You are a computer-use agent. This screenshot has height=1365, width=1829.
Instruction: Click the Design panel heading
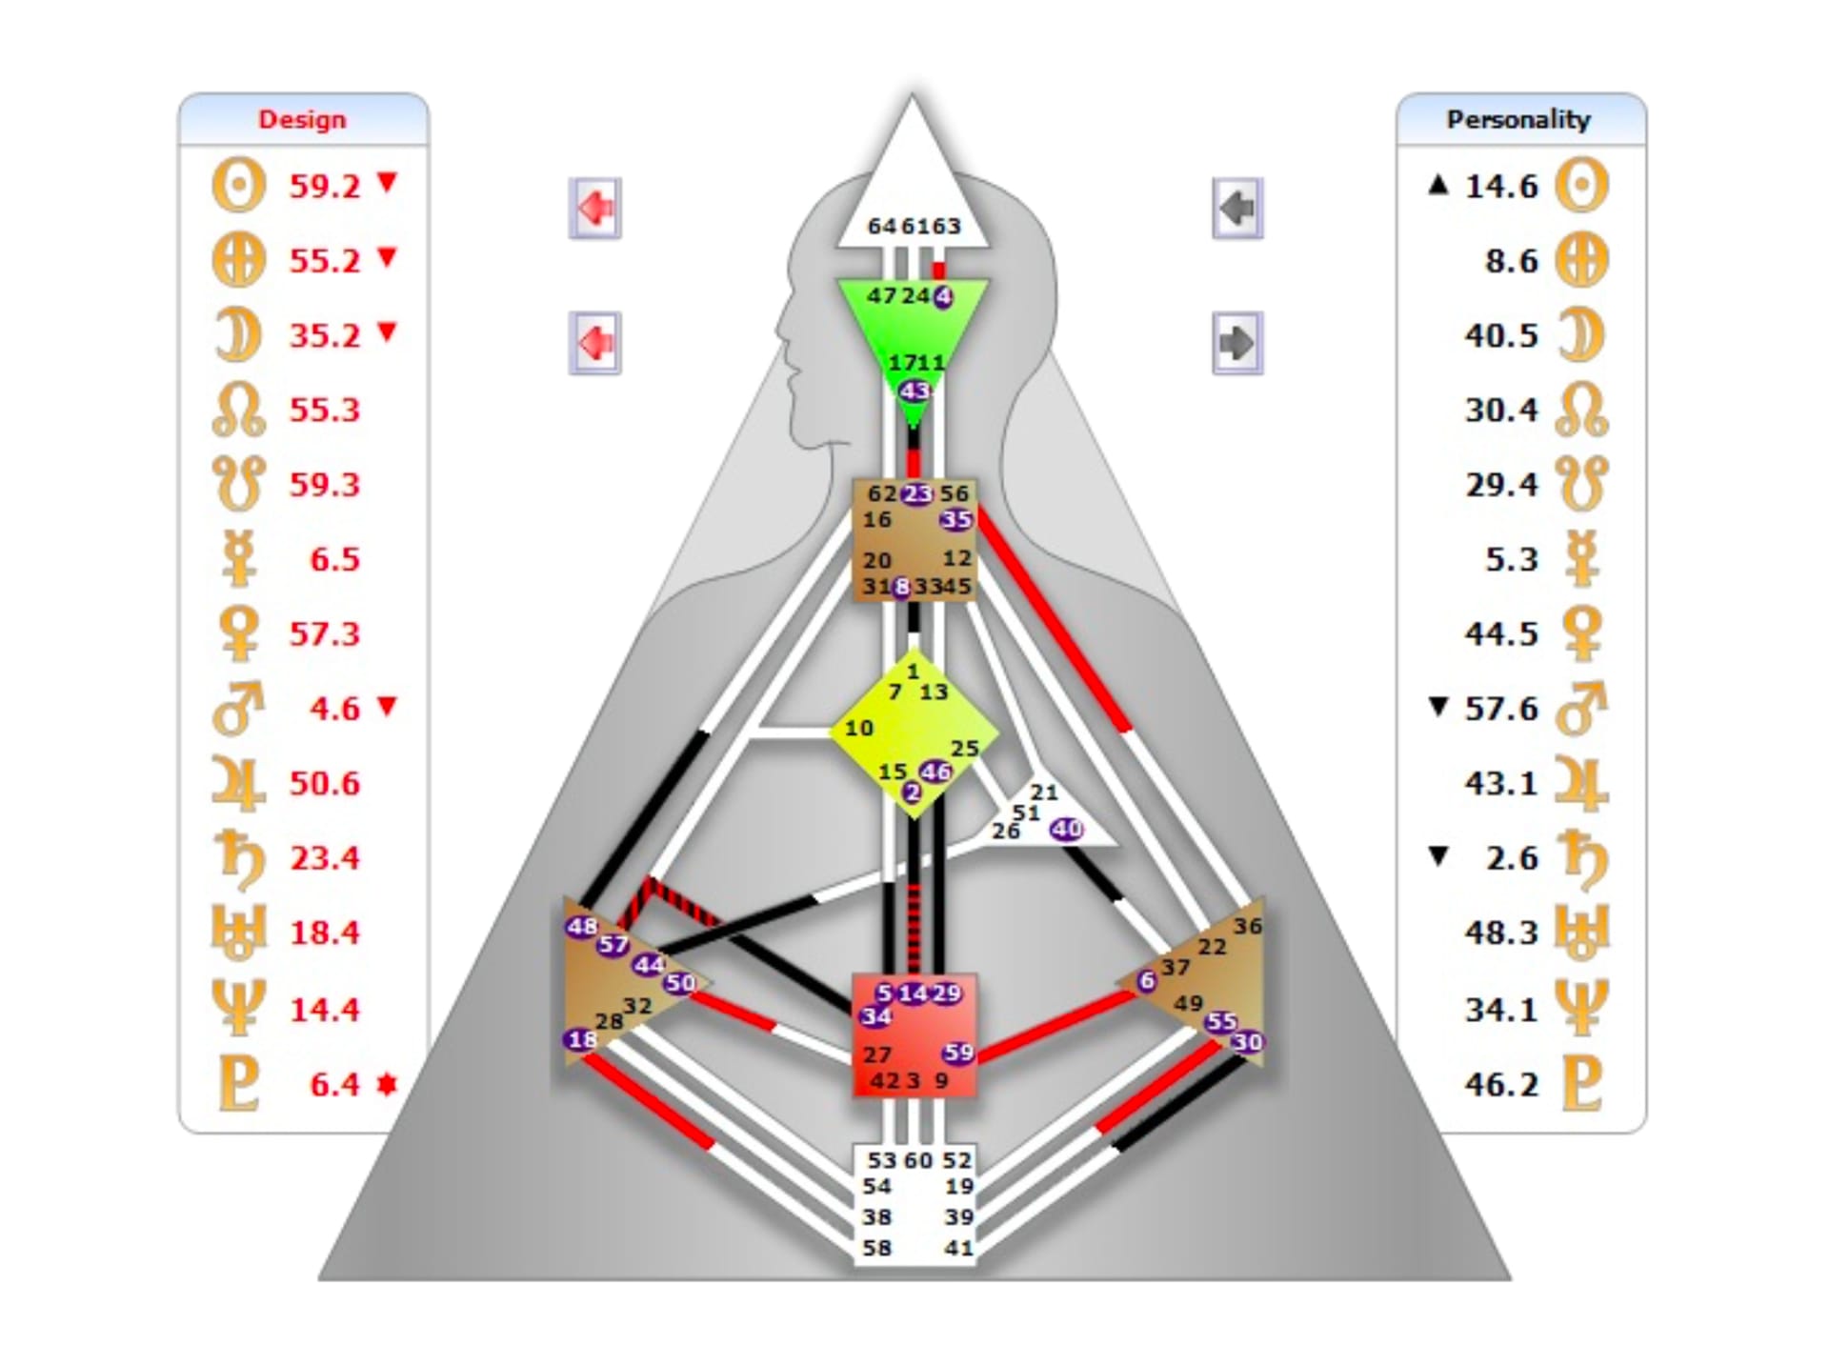[302, 119]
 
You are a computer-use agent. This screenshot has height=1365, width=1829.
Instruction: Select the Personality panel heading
[1518, 119]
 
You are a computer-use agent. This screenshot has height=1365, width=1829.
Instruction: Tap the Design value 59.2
[325, 186]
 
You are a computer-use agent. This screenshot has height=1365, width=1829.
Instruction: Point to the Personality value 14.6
[1501, 186]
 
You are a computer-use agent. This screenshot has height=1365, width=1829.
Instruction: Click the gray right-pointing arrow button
[1237, 343]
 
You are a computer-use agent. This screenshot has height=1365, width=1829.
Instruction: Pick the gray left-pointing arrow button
[1237, 208]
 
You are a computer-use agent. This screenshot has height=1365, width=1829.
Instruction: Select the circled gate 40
[1067, 829]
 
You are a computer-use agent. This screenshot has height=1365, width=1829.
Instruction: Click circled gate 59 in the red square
[958, 1053]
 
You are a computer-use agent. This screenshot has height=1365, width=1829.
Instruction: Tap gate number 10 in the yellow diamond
[858, 729]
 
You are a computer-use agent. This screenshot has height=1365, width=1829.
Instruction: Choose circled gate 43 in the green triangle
[914, 391]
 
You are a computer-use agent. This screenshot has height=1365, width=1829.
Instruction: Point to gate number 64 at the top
[882, 227]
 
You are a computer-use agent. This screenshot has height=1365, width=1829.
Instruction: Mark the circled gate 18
[581, 1039]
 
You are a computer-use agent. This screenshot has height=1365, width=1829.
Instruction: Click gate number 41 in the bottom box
[958, 1247]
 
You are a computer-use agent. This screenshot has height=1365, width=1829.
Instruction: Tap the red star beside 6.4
[386, 1084]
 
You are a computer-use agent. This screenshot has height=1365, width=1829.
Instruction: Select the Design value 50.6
[325, 783]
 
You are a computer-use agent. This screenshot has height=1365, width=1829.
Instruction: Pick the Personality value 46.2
[1501, 1084]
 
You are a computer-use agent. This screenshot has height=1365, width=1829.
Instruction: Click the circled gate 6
[1146, 980]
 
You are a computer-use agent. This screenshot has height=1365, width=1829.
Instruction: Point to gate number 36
[1247, 926]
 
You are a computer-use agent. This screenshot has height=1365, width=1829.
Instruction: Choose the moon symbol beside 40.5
[1581, 335]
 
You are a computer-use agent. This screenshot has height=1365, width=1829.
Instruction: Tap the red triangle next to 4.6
[386, 706]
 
